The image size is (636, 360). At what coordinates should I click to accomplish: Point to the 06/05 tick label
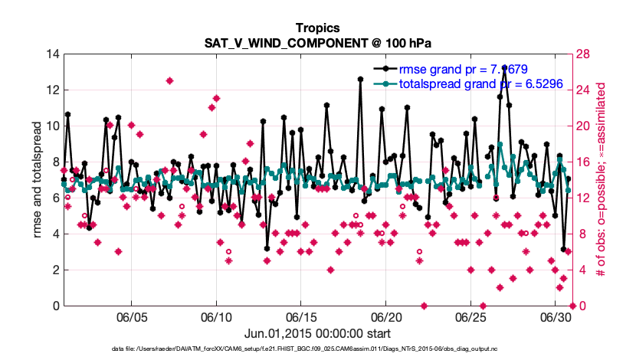[x=131, y=316]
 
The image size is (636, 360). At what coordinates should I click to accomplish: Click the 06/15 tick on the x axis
[x=301, y=316]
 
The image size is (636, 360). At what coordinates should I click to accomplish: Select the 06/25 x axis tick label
[x=471, y=316]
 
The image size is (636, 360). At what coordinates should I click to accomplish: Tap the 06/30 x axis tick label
[x=556, y=316]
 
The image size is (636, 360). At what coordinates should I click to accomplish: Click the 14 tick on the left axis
[x=52, y=54]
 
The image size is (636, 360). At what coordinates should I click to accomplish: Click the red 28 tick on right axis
[x=585, y=54]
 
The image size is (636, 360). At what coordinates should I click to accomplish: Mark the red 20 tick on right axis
[x=585, y=126]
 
